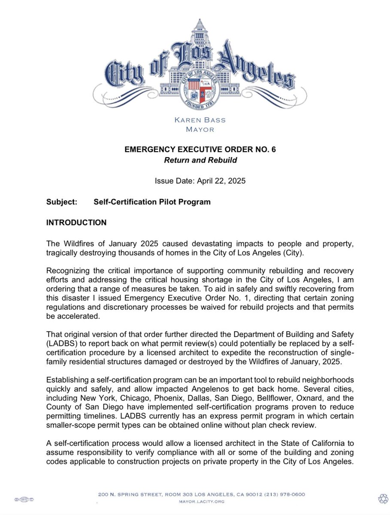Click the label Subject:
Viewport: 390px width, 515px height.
(x=61, y=202)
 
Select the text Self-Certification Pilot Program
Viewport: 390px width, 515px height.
(x=152, y=202)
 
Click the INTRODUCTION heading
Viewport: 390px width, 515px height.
(x=76, y=223)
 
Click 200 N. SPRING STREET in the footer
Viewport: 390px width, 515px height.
(x=128, y=494)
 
